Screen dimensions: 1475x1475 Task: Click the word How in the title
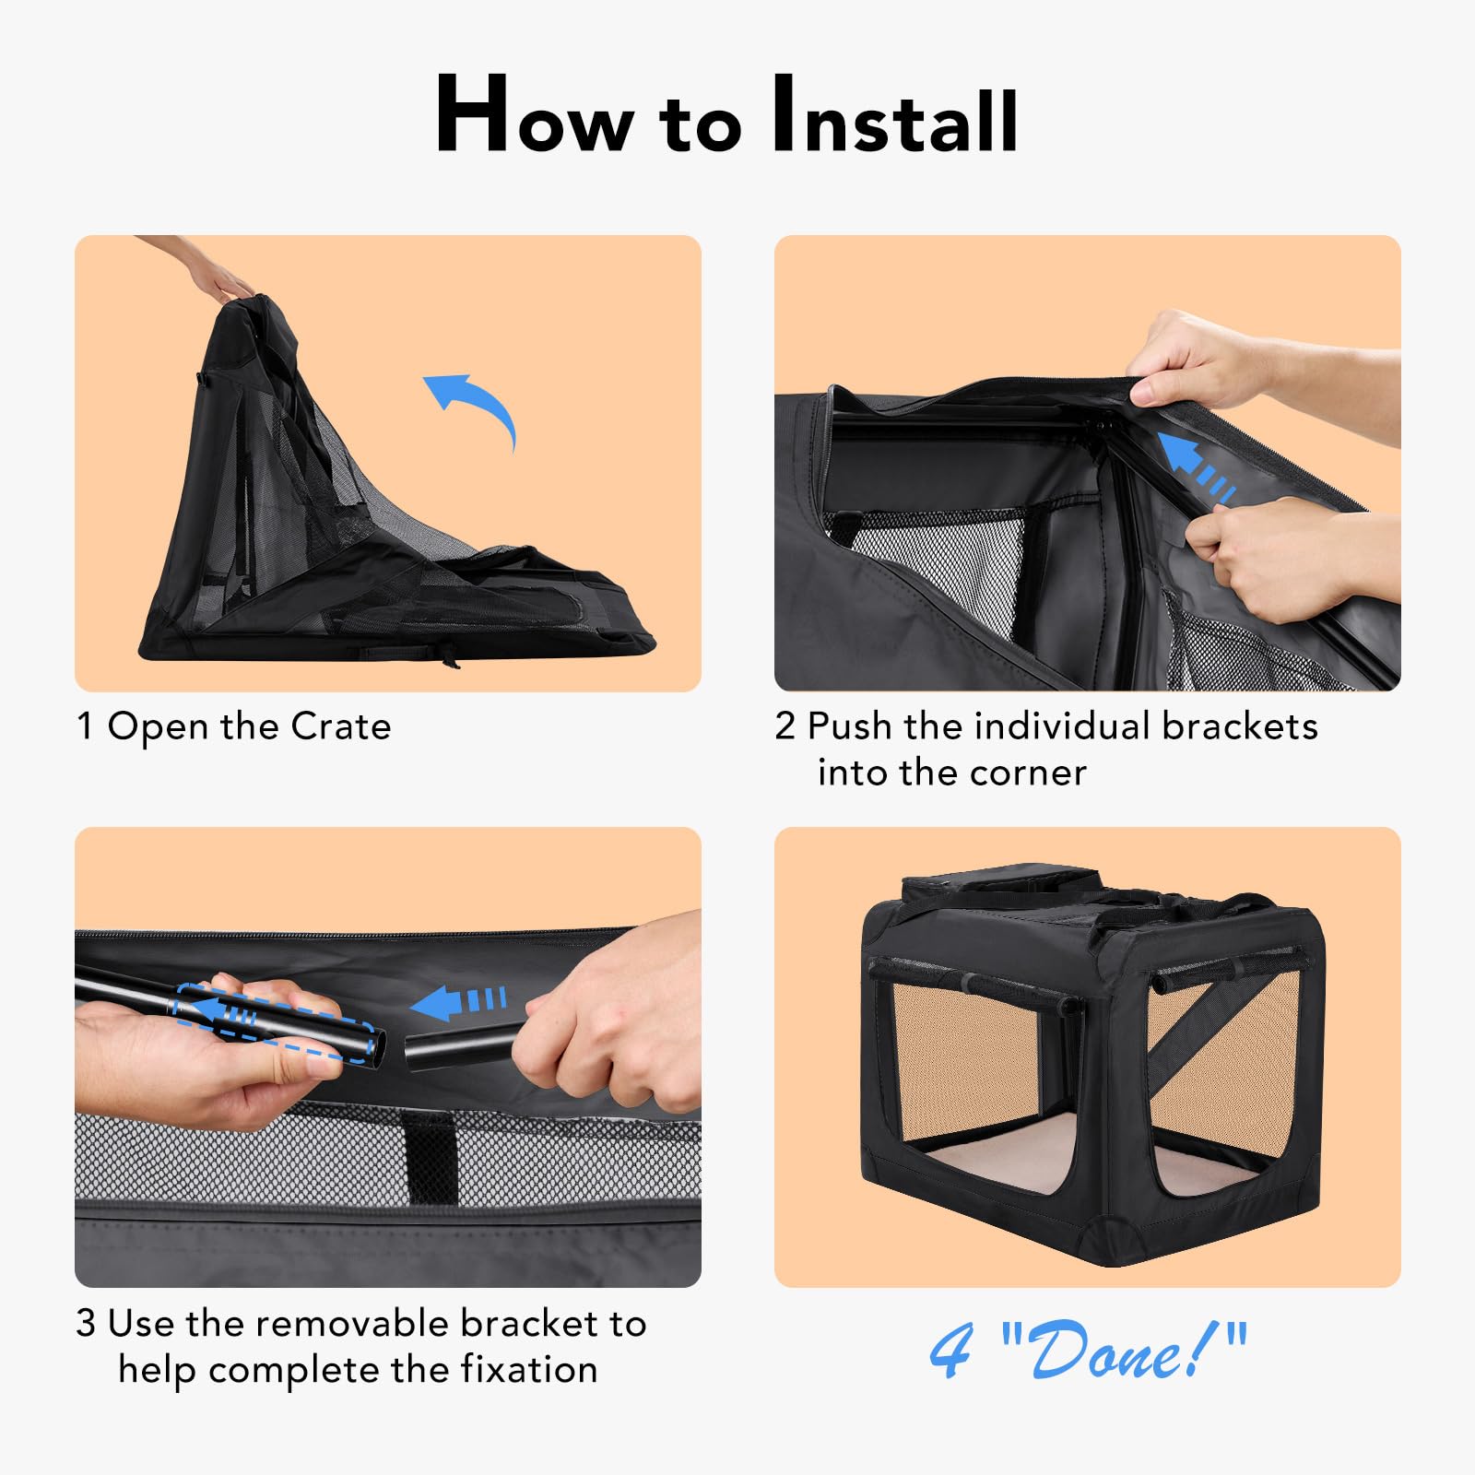535,118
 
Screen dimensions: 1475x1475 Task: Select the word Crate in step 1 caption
340,727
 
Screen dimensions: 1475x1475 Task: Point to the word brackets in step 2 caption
1239,726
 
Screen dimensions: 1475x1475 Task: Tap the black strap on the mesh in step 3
430,1157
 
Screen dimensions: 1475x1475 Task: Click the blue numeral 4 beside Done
950,1351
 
